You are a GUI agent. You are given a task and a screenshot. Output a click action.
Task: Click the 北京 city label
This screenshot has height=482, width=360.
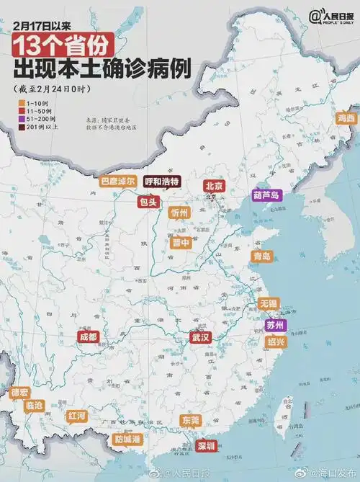pyautogui.click(x=215, y=186)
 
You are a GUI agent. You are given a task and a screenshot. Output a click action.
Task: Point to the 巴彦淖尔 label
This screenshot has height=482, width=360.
pyautogui.click(x=118, y=182)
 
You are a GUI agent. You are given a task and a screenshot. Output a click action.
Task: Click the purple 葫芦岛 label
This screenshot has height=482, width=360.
pyautogui.click(x=266, y=195)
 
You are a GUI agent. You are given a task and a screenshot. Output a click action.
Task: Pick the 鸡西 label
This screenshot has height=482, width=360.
pyautogui.click(x=346, y=117)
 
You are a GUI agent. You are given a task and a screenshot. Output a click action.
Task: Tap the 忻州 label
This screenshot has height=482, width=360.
pyautogui.click(x=179, y=213)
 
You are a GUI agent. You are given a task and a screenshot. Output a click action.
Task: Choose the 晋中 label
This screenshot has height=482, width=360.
pyautogui.click(x=179, y=243)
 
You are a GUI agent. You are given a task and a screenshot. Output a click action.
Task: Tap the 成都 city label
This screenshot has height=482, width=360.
pyautogui.click(x=88, y=336)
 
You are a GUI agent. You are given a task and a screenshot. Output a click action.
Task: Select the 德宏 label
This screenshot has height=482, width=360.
pyautogui.click(x=19, y=393)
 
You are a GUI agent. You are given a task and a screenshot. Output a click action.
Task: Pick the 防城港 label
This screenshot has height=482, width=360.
pyautogui.click(x=127, y=439)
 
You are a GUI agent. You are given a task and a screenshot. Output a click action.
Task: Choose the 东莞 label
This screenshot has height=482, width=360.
pyautogui.click(x=191, y=420)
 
